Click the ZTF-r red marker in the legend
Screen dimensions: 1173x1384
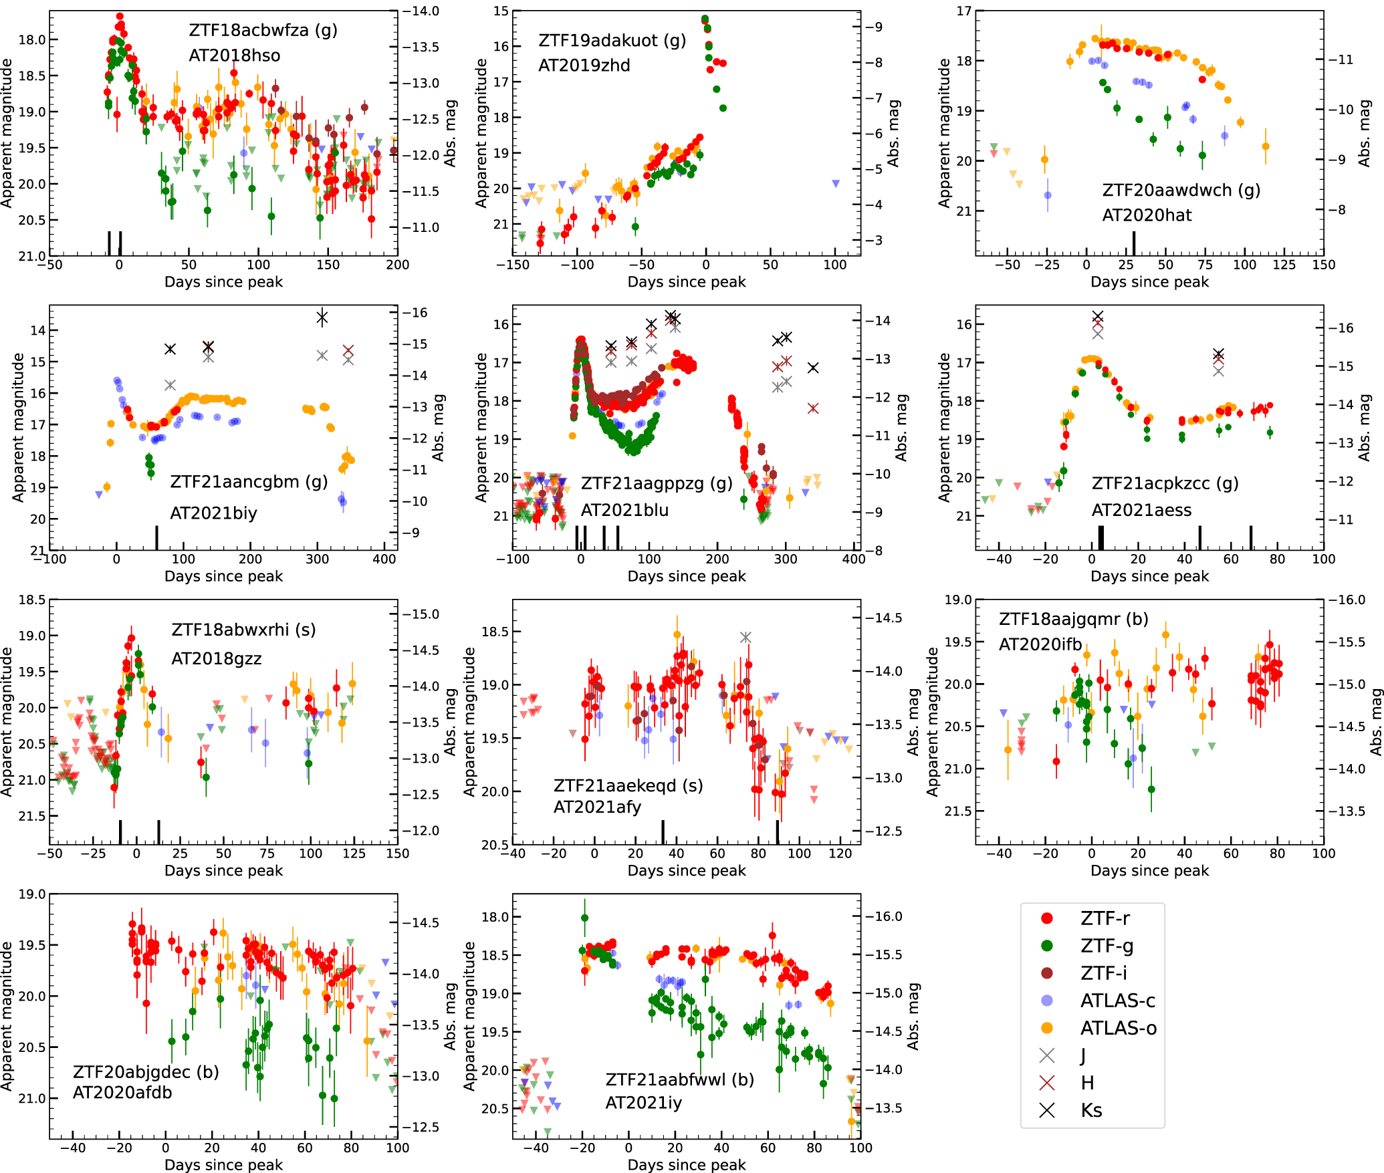(1047, 918)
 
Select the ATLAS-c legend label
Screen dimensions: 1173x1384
(1117, 1001)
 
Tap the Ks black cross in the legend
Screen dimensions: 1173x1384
(1047, 1110)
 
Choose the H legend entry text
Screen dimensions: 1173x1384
(1088, 1083)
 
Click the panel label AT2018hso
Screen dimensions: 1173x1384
(234, 55)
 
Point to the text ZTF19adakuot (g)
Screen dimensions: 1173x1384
(612, 41)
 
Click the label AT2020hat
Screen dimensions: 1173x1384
(1147, 215)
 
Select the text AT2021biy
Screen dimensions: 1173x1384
(213, 513)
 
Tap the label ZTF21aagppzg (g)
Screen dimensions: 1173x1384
(656, 483)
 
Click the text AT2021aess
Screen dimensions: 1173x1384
(1141, 511)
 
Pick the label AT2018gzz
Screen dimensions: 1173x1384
(216, 659)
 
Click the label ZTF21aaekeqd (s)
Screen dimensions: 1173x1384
(628, 785)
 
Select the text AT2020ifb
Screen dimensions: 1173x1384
(1040, 644)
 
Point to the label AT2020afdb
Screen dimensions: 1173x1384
(122, 1093)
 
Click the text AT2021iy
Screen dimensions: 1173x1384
(643, 1103)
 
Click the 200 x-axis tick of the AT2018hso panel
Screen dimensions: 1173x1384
(397, 265)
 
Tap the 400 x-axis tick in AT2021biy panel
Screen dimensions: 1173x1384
(384, 559)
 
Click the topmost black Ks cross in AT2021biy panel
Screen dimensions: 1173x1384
(322, 317)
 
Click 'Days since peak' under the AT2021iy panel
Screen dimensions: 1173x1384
(686, 1165)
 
